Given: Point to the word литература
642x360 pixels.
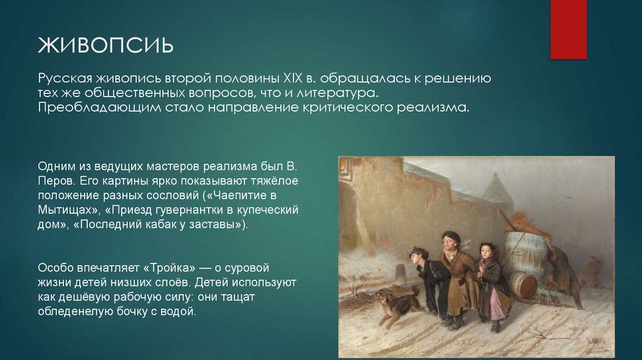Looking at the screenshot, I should pos(342,93).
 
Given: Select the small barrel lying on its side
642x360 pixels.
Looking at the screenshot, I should pos(521,285).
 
